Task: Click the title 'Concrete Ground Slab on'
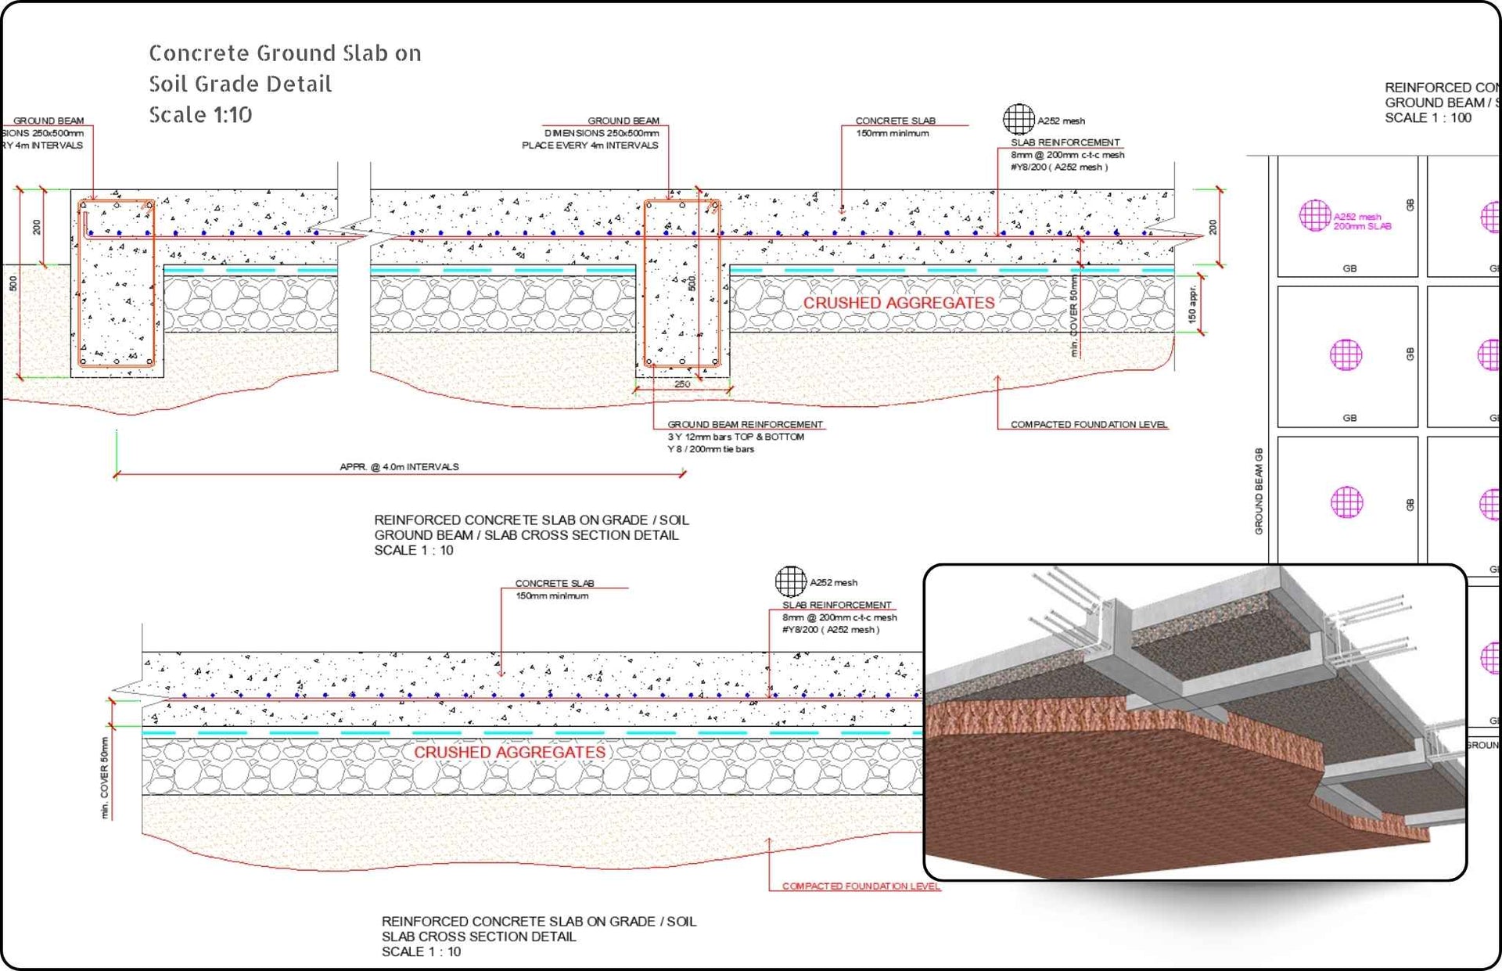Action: coord(285,53)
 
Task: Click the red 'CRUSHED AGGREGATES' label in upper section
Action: coord(898,303)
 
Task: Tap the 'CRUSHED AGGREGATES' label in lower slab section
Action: coord(509,752)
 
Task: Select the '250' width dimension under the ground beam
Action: coord(682,384)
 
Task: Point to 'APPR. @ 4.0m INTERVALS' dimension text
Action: coord(399,467)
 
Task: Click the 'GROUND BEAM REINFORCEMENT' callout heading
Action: coord(745,424)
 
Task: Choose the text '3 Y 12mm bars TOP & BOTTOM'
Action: coord(735,437)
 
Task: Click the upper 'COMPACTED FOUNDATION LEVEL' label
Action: coord(1088,424)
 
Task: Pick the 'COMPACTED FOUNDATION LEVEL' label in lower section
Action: coord(861,886)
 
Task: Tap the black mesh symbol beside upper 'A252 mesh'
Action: coord(1019,120)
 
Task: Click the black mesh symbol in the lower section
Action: coord(790,581)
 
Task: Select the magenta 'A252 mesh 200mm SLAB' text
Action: coord(1361,221)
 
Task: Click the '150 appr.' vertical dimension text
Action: coord(1191,304)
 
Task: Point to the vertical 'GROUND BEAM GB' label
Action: coord(1259,491)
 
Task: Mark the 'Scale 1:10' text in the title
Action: coord(200,115)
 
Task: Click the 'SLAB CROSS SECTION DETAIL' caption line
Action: coord(479,937)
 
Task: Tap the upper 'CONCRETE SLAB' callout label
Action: coord(895,120)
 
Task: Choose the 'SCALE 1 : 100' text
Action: coord(1428,118)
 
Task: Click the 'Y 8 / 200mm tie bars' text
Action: coord(710,449)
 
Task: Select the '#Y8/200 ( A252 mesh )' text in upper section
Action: coord(1058,167)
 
